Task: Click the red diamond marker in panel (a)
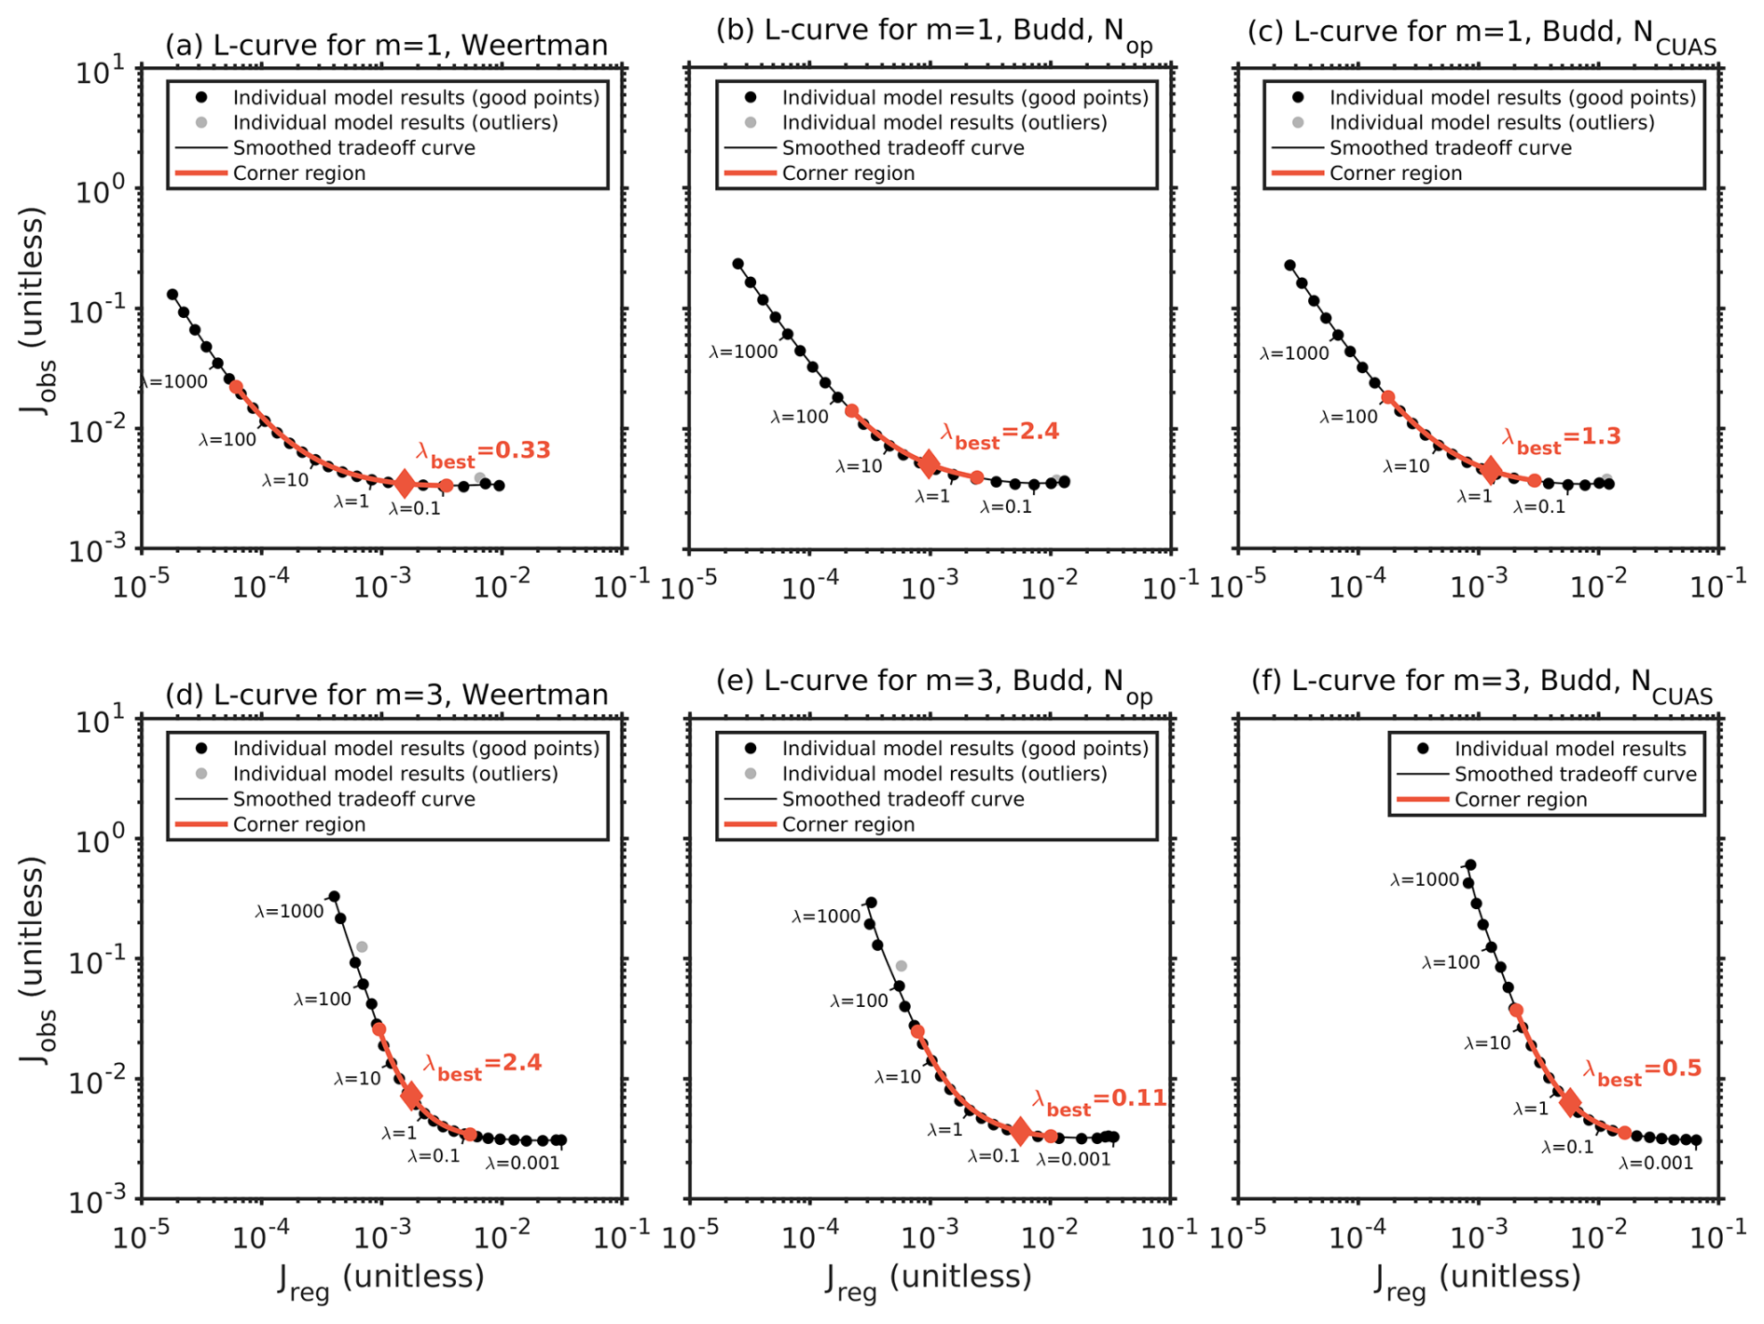point(404,483)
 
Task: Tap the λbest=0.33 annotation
point(483,452)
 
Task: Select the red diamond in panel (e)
point(1020,1131)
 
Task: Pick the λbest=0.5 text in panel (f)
point(1642,1071)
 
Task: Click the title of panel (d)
point(386,695)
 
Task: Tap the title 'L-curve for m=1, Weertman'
point(386,45)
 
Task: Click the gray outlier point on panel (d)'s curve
point(362,947)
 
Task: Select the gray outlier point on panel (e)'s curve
point(901,966)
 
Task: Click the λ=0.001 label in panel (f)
point(1655,1164)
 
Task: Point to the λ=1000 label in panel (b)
point(743,352)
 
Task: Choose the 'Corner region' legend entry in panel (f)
point(1520,799)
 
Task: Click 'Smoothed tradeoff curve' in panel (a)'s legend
point(353,148)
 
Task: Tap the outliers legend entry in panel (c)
point(1492,123)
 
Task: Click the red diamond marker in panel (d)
point(411,1096)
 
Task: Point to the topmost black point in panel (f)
point(1470,865)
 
